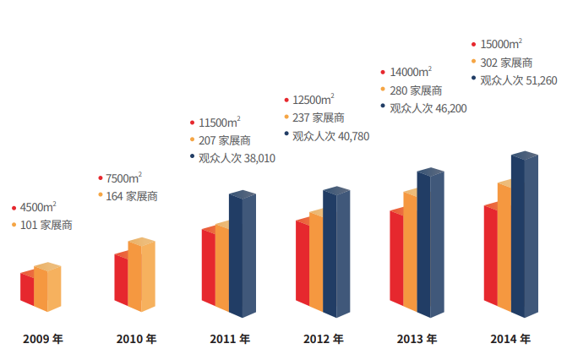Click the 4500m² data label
coord(39,207)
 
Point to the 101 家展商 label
coord(46,225)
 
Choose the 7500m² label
coord(123,178)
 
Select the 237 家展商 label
coord(319,117)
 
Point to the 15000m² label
coord(501,44)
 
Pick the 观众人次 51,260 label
coord(518,80)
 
